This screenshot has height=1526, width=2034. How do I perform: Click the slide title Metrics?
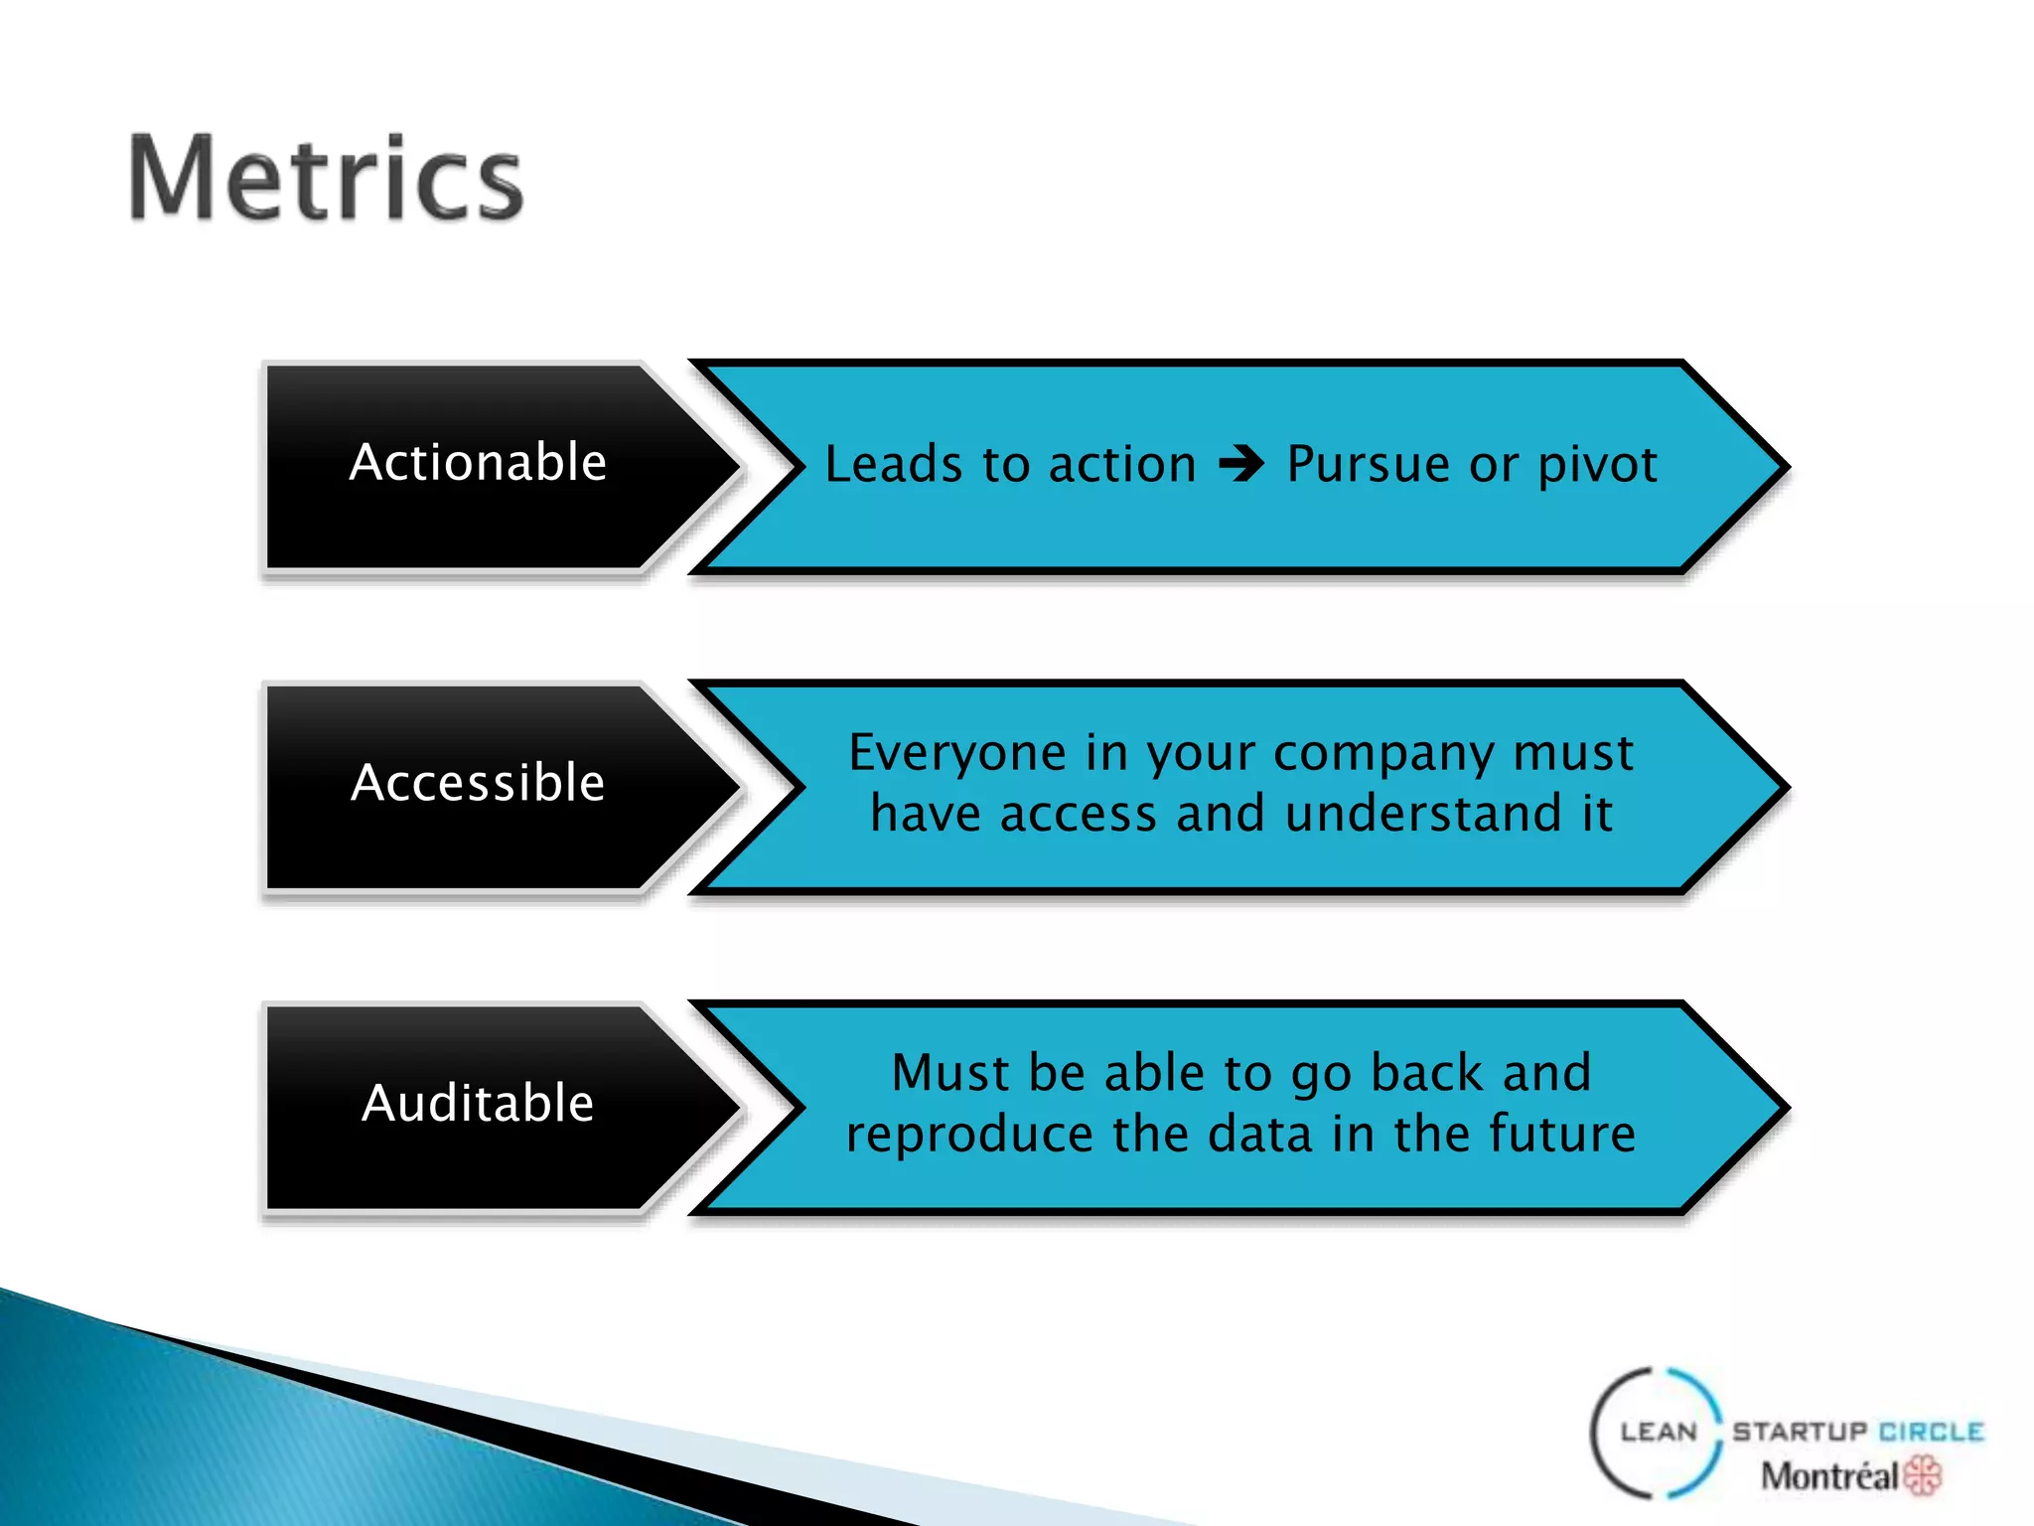pyautogui.click(x=326, y=179)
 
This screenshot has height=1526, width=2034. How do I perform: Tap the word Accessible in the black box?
pyautogui.click(x=478, y=783)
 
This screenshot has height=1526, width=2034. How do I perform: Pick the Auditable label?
pyautogui.click(x=478, y=1103)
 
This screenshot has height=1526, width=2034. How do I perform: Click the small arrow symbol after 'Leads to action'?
pyautogui.click(x=1241, y=464)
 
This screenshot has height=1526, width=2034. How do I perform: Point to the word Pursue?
pyautogui.click(x=1369, y=465)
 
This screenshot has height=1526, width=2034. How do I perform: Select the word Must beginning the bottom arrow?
pyautogui.click(x=951, y=1073)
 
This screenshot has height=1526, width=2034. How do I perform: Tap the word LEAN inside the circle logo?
pyautogui.click(x=1659, y=1432)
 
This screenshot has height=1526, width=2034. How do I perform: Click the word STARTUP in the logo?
pyautogui.click(x=1800, y=1432)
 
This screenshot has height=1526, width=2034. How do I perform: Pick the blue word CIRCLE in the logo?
pyautogui.click(x=1932, y=1432)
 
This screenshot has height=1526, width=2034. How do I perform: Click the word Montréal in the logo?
pyautogui.click(x=1829, y=1476)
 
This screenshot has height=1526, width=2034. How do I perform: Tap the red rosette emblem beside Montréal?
pyautogui.click(x=1924, y=1475)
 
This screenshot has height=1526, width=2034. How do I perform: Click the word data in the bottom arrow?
pyautogui.click(x=1260, y=1134)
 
